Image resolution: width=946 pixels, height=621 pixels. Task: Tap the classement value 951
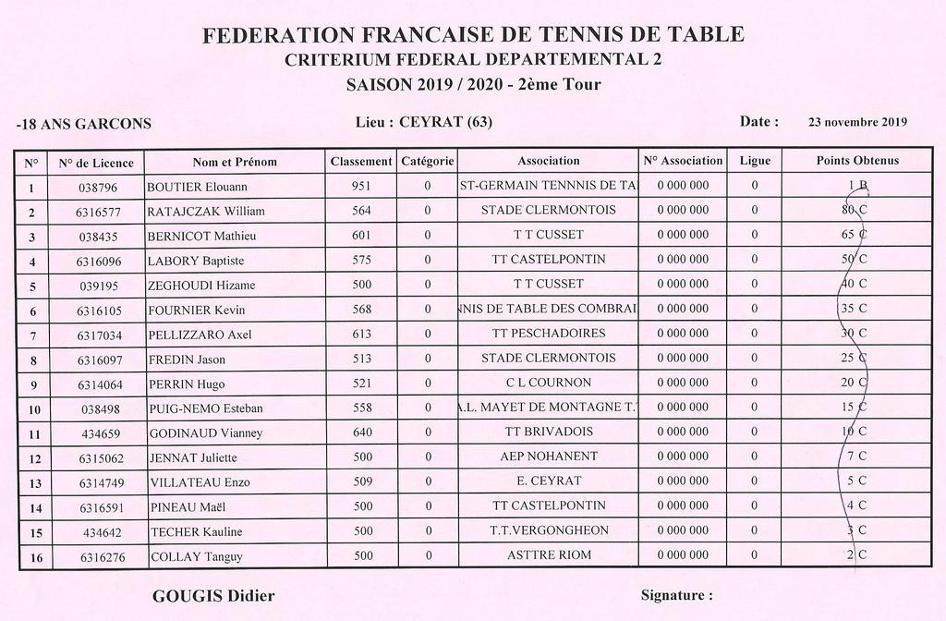[361, 186]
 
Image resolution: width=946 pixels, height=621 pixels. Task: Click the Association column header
[548, 161]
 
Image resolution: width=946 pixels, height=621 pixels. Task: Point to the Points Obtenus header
[856, 161]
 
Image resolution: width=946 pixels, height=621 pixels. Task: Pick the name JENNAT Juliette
[193, 457]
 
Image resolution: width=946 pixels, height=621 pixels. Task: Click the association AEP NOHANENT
[548, 457]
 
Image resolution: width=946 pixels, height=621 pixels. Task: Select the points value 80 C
[855, 210]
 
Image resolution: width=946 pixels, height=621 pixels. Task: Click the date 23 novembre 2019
[857, 122]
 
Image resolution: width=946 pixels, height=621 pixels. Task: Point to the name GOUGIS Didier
[213, 596]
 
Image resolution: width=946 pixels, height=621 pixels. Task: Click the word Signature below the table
[676, 596]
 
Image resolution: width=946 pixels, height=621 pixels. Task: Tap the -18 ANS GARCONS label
[84, 124]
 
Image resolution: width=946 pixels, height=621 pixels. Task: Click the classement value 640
[361, 432]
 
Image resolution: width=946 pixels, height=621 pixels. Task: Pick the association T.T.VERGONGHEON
[548, 530]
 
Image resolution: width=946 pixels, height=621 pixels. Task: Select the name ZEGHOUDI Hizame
[201, 285]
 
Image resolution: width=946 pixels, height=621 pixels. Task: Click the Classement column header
[361, 161]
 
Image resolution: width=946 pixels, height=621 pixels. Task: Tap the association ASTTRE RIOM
[548, 555]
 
